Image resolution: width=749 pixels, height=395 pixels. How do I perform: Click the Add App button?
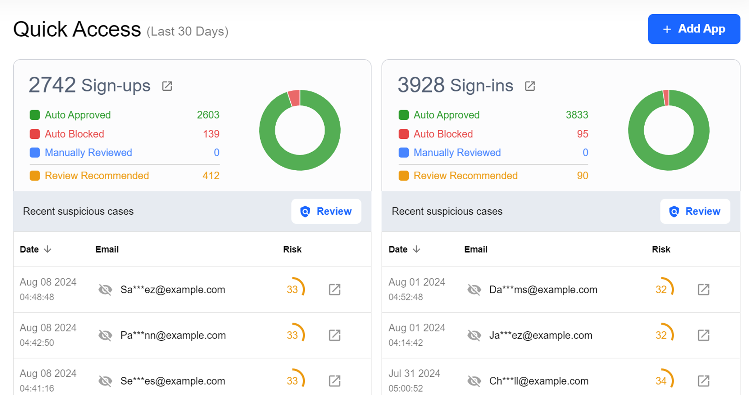tap(694, 29)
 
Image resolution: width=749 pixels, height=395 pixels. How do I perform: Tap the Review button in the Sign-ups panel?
tap(326, 211)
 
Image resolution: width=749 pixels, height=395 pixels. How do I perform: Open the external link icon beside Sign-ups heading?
tap(167, 86)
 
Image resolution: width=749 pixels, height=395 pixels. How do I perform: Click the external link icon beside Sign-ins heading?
tap(530, 86)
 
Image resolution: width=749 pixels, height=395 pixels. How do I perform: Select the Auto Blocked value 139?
tap(211, 134)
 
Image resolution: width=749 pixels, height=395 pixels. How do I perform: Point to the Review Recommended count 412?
tap(211, 176)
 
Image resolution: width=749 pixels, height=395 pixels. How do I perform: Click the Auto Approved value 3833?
tap(577, 115)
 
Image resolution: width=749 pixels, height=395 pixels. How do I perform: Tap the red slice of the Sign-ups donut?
tap(294, 98)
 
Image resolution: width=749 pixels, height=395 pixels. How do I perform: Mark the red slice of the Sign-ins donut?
tap(666, 98)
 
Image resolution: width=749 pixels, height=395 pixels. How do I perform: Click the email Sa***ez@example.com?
tap(173, 290)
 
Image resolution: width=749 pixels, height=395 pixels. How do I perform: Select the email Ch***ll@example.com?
tap(539, 381)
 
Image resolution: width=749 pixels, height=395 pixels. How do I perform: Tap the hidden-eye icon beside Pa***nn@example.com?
tap(105, 335)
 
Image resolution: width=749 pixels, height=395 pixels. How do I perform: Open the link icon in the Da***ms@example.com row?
tap(703, 290)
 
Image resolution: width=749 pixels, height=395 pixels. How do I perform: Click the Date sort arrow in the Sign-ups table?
tap(48, 249)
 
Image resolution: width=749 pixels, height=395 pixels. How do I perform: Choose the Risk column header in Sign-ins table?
tap(661, 249)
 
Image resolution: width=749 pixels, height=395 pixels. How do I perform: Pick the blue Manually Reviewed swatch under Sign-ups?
tap(35, 152)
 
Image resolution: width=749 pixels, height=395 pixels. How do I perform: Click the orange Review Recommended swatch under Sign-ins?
tap(404, 176)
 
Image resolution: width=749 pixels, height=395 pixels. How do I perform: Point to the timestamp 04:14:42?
tap(406, 343)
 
